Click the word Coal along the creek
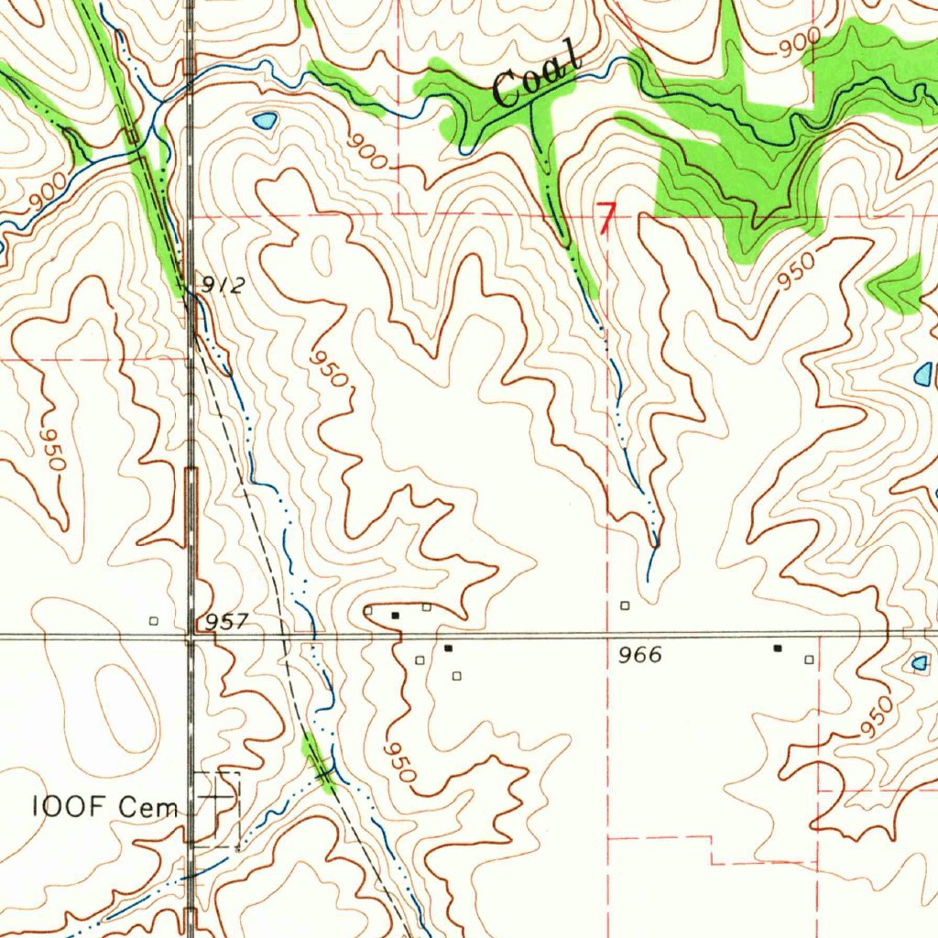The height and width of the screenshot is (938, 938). pos(537,73)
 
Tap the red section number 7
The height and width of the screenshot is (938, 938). pos(606,218)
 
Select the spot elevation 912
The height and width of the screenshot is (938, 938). pos(224,286)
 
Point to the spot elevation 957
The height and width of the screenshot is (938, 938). pos(226,622)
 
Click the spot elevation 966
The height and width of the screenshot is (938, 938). pos(639,656)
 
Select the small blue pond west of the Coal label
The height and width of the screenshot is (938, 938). pos(265,120)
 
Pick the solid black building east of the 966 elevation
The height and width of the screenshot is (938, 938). pos(778,649)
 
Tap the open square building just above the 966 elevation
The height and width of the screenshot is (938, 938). pos(625,605)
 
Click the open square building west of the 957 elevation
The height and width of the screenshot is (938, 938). pos(154,621)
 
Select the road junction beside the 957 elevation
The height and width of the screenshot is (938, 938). pos(191,634)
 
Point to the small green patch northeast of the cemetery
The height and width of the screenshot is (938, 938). pos(318,762)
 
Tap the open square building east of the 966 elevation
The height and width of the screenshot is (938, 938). pos(808,660)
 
